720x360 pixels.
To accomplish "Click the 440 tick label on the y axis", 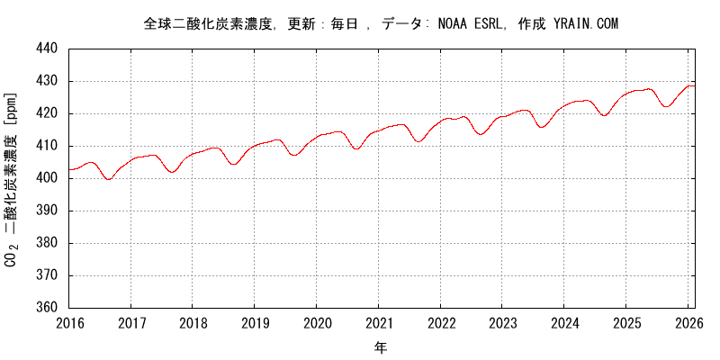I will (48, 49).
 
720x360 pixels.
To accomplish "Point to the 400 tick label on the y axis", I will (48, 178).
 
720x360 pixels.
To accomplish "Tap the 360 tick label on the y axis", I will (48, 308).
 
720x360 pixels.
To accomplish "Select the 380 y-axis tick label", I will (48, 243).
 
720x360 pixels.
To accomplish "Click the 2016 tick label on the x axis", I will (69, 323).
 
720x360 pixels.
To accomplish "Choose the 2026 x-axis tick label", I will (688, 323).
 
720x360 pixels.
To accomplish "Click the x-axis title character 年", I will (381, 346).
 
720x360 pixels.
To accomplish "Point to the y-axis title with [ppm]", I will (12, 178).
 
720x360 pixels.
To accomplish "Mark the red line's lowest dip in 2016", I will (109, 179).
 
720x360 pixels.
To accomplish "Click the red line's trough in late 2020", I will (356, 148).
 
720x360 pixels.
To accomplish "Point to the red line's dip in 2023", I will (542, 127).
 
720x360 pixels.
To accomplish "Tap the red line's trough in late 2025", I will (667, 106).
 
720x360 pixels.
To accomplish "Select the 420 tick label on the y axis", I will (48, 113).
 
